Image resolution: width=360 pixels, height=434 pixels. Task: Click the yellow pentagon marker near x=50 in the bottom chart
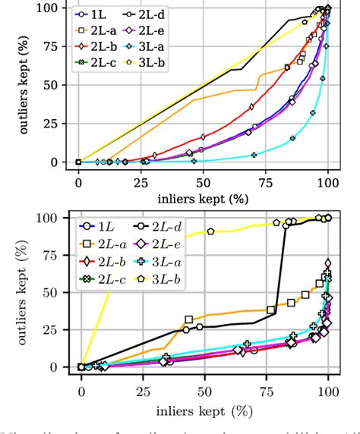coord(210,231)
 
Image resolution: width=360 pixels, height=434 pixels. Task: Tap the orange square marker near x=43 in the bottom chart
coord(189,319)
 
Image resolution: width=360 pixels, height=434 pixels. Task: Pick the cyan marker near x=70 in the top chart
coord(254,155)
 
